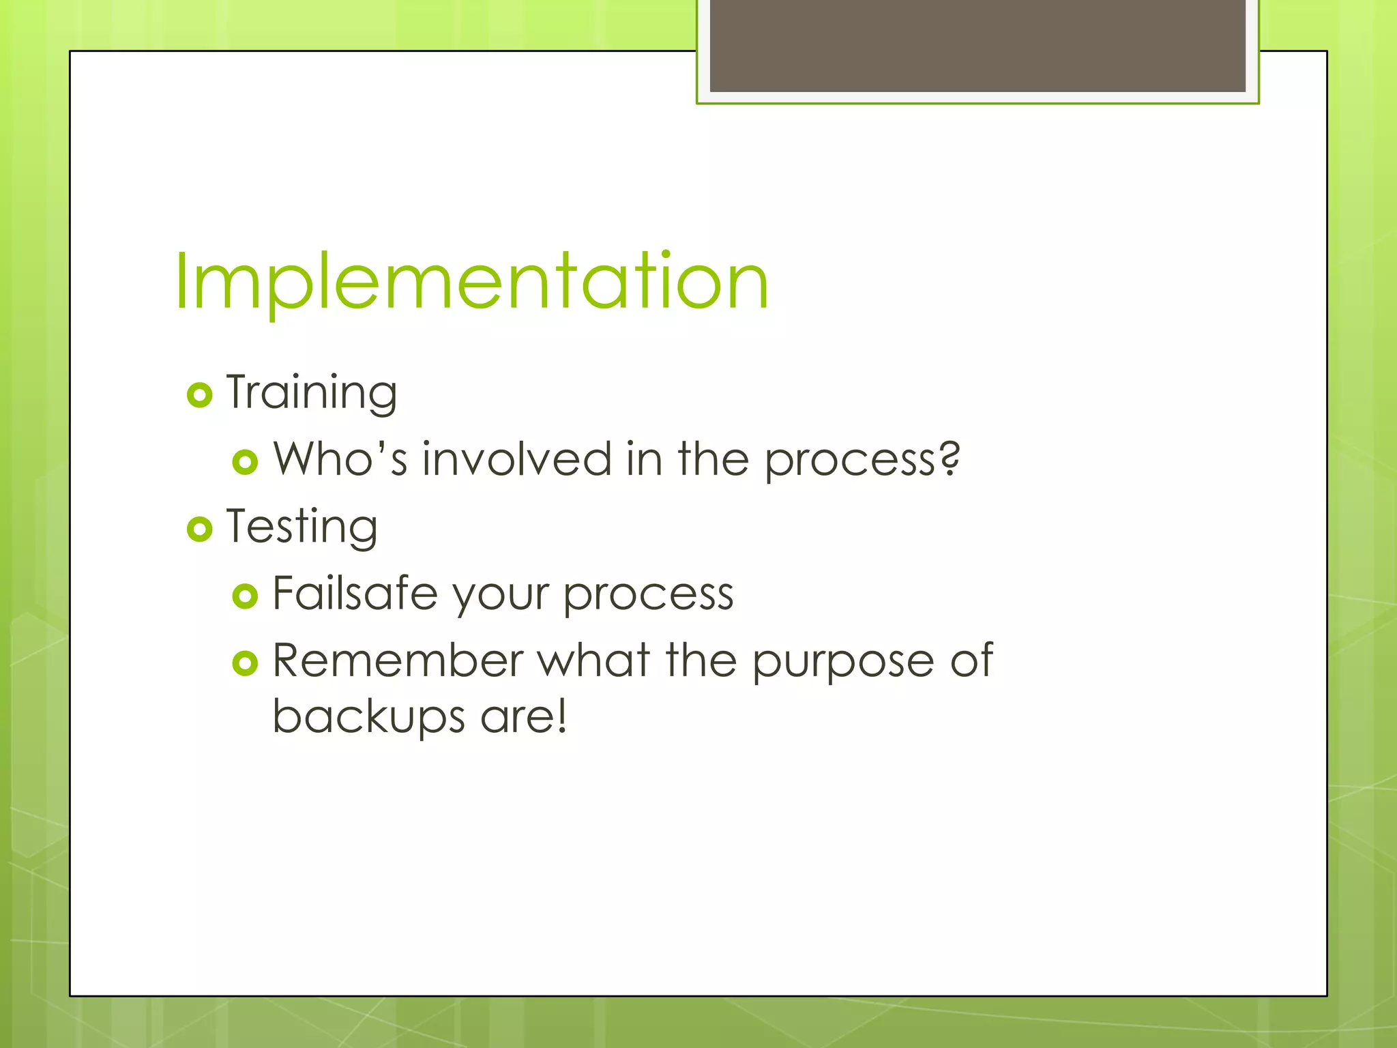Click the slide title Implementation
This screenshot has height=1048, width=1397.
[x=471, y=282]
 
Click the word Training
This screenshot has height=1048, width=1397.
[x=312, y=393]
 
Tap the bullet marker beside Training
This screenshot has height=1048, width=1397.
[x=199, y=395]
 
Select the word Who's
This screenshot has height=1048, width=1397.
[x=340, y=458]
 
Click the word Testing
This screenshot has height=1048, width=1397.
[x=302, y=527]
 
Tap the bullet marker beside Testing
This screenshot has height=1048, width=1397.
[x=199, y=529]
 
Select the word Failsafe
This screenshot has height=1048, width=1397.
[x=355, y=594]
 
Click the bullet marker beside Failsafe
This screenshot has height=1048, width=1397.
[x=245, y=596]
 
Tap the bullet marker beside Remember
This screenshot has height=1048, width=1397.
[x=245, y=663]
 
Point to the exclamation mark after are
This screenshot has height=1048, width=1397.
[x=561, y=716]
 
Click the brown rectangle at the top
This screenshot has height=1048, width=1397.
[x=977, y=45]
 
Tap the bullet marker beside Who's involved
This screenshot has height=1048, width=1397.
[x=245, y=462]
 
